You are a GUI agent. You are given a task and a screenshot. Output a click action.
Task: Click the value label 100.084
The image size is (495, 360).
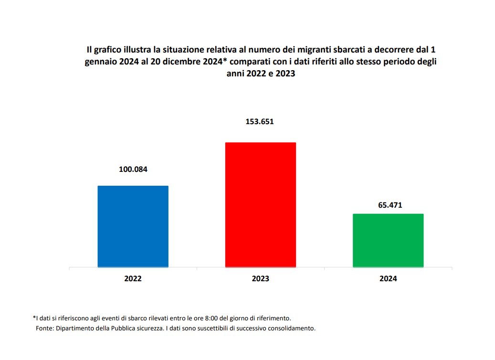tap(133, 169)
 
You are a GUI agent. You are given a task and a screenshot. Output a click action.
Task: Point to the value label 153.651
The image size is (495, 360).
tap(260, 121)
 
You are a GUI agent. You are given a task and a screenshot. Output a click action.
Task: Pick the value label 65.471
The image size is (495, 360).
tap(388, 205)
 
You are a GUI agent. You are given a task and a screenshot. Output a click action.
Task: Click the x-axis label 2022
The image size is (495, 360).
tap(133, 279)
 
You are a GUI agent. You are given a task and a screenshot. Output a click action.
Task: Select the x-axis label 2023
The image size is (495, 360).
tap(261, 279)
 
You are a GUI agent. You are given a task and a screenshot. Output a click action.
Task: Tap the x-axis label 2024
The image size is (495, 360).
tap(388, 279)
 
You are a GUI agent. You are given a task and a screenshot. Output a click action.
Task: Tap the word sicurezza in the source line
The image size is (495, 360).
tap(167, 328)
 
